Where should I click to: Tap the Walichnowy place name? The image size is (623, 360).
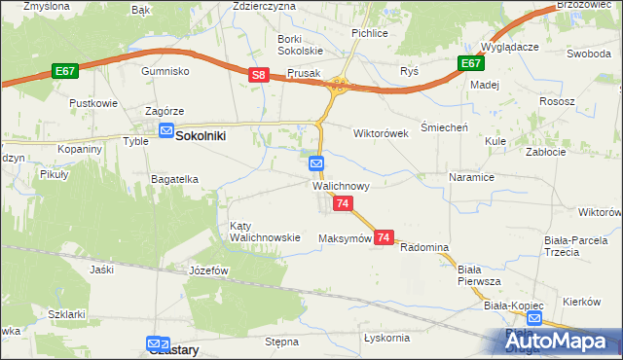pos(340,185)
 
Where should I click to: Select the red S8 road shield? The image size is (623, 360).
pos(258,74)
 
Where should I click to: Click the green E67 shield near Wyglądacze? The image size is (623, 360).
pos(471,63)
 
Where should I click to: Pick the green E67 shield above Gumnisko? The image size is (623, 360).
pos(66,71)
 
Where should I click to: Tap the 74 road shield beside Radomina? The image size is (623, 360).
pos(384,237)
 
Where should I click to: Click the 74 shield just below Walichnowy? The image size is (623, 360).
pos(343,203)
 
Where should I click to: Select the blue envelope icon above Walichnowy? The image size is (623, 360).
pos(317,163)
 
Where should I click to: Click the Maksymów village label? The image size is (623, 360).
pos(346,238)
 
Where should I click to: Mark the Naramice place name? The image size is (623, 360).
pos(472,178)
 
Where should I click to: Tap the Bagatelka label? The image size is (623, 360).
pos(174,179)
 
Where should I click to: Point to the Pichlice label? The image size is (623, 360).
pos(370,32)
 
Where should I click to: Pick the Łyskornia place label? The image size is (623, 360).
pos(385,338)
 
